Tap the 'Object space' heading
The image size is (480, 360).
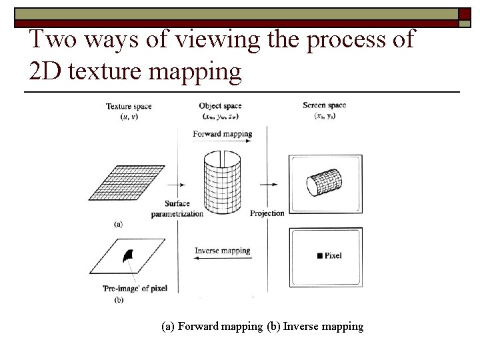click(x=220, y=106)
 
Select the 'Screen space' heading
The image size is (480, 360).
click(x=324, y=105)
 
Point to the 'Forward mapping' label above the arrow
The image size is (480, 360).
click(x=222, y=134)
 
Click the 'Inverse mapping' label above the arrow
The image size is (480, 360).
click(x=222, y=251)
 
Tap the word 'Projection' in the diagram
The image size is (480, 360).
click(x=267, y=213)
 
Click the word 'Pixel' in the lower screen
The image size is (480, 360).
click(x=333, y=256)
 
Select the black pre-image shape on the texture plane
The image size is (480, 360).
click(x=128, y=254)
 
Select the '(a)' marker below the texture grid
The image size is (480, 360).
click(x=118, y=225)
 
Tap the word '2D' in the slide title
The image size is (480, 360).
click(x=47, y=72)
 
